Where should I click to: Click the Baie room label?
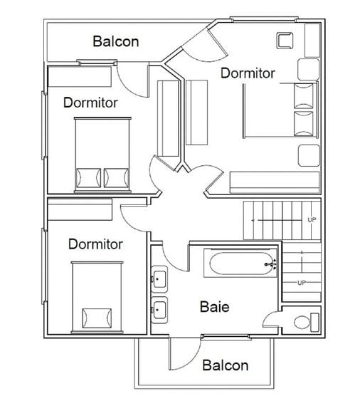[214, 307]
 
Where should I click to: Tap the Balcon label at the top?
[116, 41]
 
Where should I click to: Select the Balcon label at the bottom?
[225, 365]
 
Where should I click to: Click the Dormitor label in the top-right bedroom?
[248, 73]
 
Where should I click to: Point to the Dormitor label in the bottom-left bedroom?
[95, 244]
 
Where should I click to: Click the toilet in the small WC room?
[306, 322]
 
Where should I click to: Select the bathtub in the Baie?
[240, 264]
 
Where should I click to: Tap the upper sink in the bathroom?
[159, 278]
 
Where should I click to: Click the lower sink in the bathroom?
[159, 310]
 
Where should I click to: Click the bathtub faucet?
[271, 264]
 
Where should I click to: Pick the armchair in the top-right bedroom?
[285, 41]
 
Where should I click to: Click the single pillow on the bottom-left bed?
[97, 318]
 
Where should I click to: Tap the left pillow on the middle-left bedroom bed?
[88, 178]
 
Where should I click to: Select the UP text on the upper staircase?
[312, 219]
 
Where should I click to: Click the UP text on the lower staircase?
[302, 283]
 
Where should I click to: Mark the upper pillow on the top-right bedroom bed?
[304, 96]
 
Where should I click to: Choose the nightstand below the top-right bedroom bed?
[309, 155]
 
